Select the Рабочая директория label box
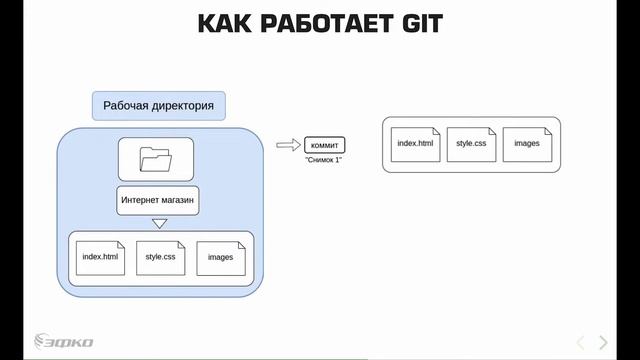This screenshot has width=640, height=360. point(158,105)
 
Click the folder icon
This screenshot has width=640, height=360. point(156,159)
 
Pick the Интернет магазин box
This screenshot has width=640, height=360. point(157,200)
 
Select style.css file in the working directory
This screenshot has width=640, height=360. point(160,258)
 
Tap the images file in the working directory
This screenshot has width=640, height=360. point(220,258)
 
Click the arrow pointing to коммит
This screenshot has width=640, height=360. point(288,145)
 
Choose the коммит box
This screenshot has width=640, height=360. point(326,145)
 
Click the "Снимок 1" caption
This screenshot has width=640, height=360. point(324,160)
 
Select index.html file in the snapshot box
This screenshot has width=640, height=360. point(415,144)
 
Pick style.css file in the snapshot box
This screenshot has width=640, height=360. point(471,144)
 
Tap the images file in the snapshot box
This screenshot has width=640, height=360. point(527,144)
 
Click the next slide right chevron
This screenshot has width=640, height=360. point(602,342)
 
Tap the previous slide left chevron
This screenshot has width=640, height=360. point(580,342)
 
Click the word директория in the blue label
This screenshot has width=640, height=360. point(181,105)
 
